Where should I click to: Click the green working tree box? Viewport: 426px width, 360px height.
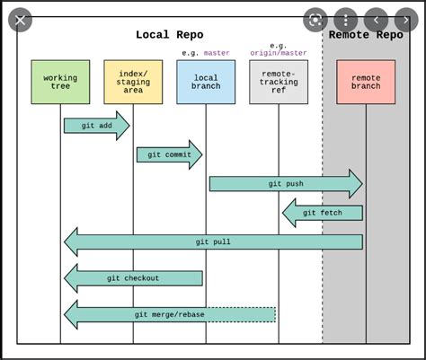60,83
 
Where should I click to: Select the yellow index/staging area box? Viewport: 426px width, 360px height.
133,83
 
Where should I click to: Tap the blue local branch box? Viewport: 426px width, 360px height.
206,83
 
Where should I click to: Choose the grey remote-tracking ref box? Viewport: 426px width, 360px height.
279,83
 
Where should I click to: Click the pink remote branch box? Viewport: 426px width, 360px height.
366,83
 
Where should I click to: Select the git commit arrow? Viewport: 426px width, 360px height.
169,154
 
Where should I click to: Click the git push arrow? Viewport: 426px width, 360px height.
286,184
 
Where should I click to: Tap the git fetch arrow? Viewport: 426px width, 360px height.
323,213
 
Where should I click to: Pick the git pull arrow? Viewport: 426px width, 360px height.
213,241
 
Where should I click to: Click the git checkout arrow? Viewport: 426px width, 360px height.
133,278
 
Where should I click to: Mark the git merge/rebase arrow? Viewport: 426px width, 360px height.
169,314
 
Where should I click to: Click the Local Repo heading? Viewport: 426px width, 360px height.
169,35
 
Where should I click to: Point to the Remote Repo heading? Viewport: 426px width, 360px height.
366,35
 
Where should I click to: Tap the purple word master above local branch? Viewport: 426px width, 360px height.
217,53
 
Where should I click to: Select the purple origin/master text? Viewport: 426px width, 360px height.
279,53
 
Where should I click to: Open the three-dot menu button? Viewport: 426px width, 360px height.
345,20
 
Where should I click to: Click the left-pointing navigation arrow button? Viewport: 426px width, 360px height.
376,20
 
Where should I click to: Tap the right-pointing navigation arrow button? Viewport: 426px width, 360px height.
405,20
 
